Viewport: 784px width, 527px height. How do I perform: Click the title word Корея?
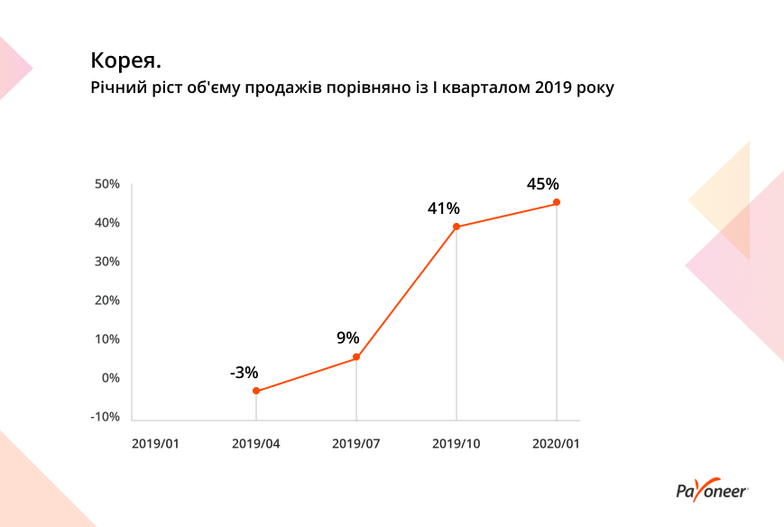[x=125, y=61]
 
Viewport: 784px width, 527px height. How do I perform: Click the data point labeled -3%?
[x=256, y=391]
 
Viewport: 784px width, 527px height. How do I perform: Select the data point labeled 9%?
[x=356, y=357]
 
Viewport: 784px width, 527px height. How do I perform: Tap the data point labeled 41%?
[x=457, y=227]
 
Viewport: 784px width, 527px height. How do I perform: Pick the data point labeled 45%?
[x=557, y=202]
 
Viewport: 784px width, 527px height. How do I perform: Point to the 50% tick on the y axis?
[x=107, y=184]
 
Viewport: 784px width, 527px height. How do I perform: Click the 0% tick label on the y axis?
[x=110, y=378]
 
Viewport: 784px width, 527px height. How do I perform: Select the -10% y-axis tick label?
[x=106, y=417]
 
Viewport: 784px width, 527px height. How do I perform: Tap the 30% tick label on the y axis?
[x=107, y=262]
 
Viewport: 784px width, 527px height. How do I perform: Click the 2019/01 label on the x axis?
[x=156, y=443]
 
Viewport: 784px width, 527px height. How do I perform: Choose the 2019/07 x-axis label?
[x=356, y=443]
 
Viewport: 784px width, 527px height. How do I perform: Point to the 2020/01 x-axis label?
[x=557, y=443]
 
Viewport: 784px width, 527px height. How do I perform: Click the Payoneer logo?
[x=711, y=491]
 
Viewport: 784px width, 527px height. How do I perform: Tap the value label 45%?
[x=543, y=184]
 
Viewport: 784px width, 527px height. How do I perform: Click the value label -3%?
[x=244, y=372]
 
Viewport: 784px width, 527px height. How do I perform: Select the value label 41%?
[x=443, y=208]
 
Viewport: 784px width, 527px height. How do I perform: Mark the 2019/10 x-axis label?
[x=457, y=443]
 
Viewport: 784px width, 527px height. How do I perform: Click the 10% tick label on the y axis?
[x=107, y=339]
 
